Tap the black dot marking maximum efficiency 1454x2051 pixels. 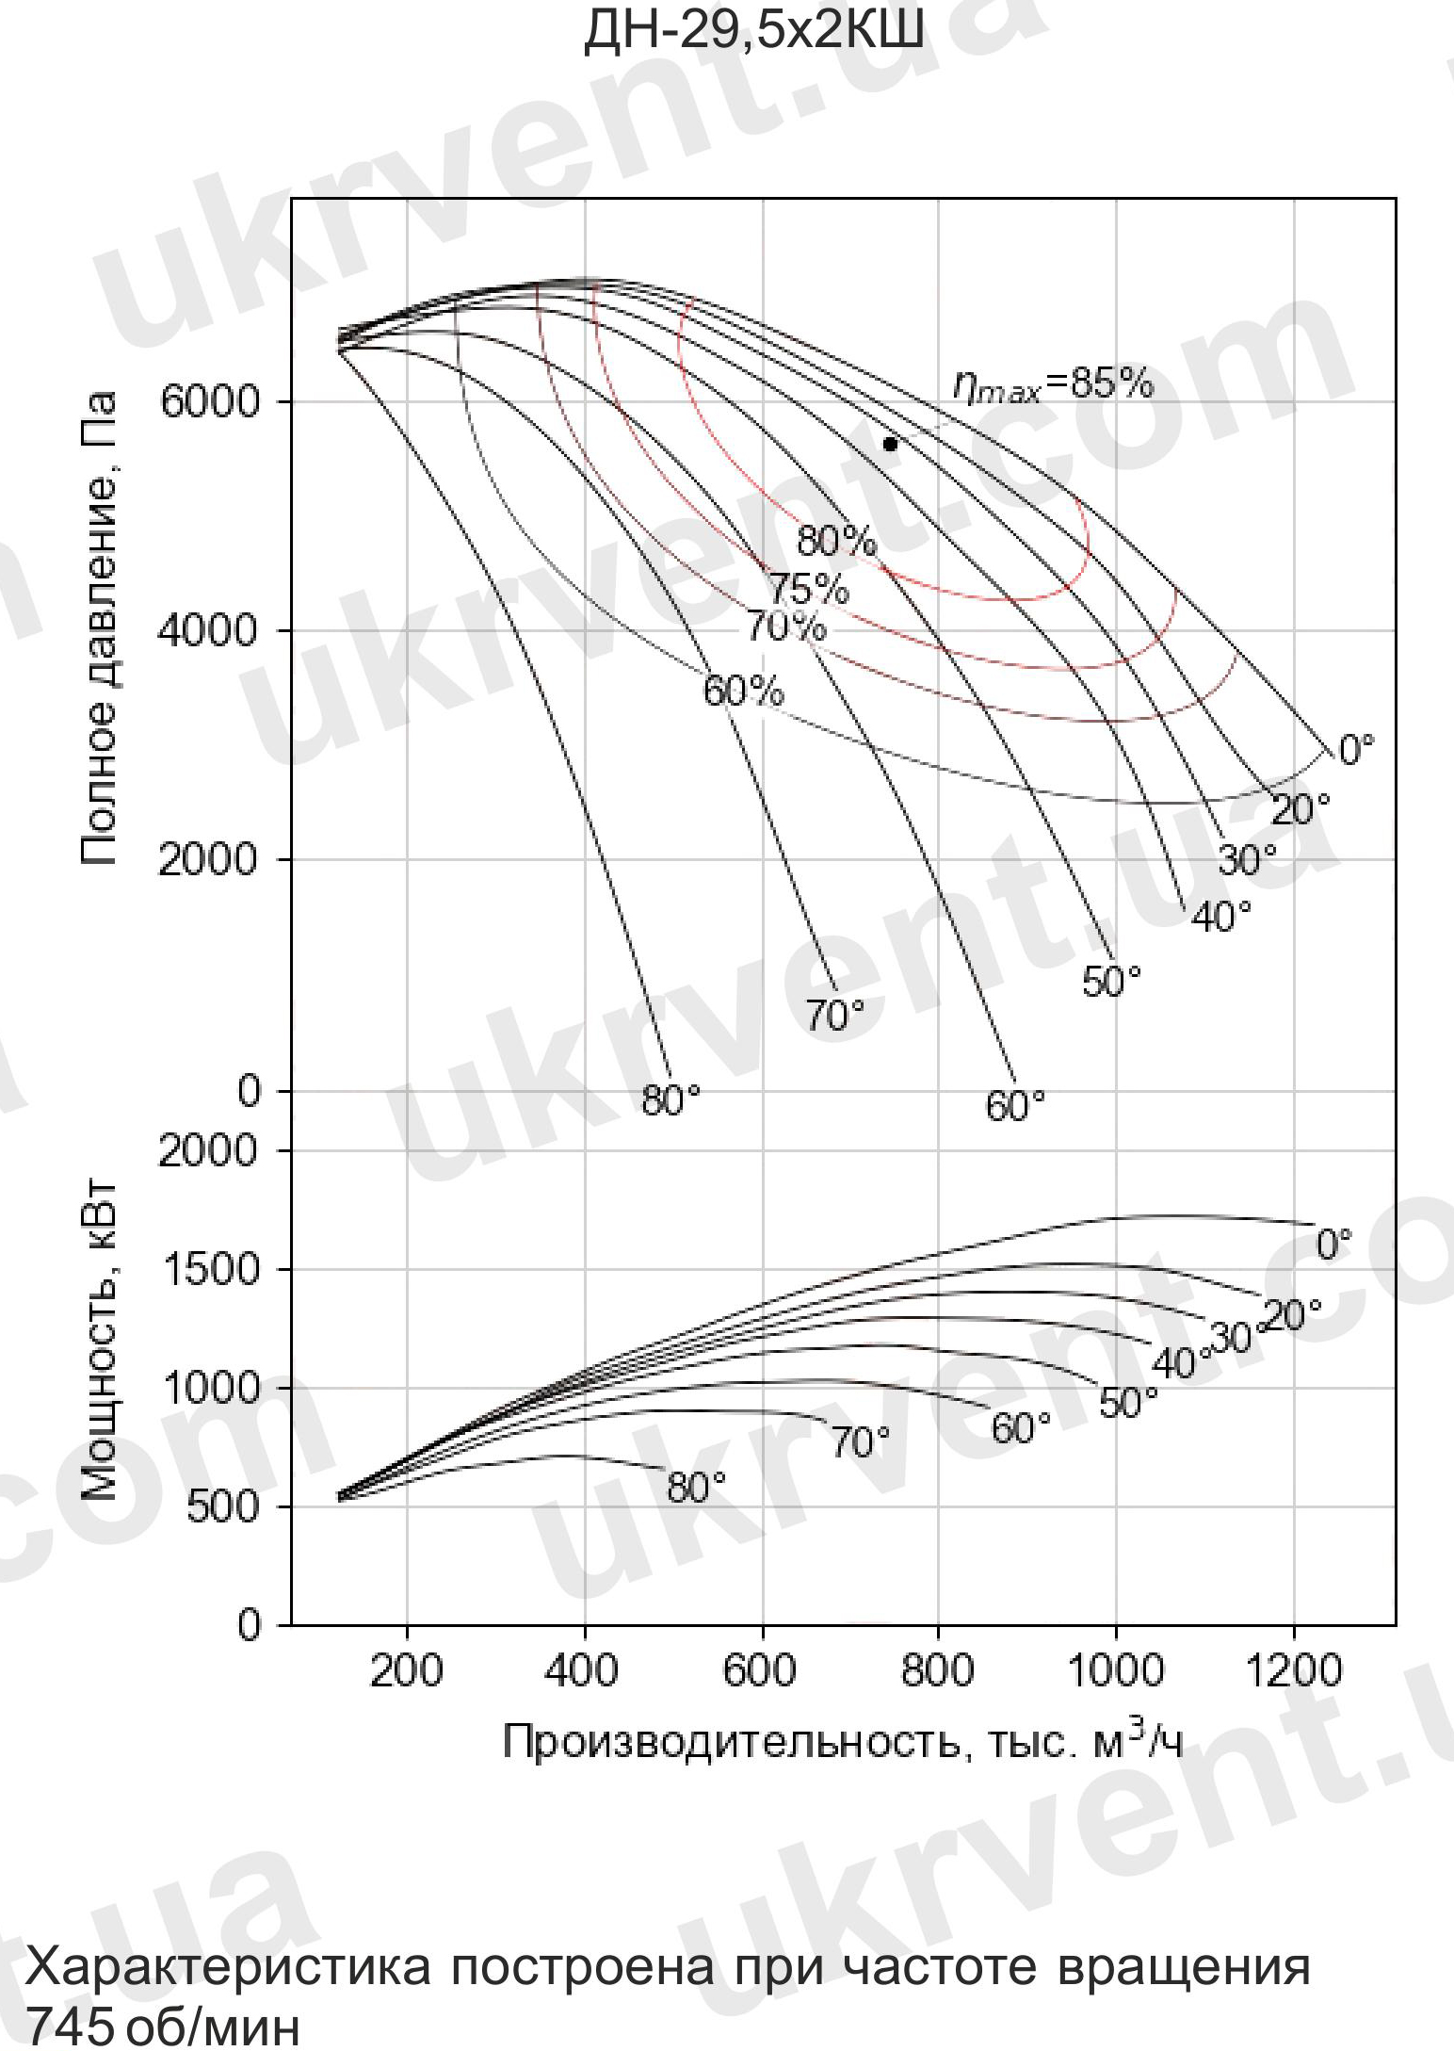pyautogui.click(x=890, y=445)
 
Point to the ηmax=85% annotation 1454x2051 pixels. pyautogui.click(x=1052, y=384)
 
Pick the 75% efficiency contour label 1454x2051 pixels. pyautogui.click(x=809, y=589)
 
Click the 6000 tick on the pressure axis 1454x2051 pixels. pyautogui.click(x=208, y=402)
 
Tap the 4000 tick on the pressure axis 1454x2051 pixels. pyautogui.click(x=208, y=630)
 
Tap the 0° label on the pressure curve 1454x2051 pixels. pyautogui.click(x=1356, y=751)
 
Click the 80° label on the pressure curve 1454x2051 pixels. pyautogui.click(x=671, y=1099)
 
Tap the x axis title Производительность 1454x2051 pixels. pyautogui.click(x=843, y=1742)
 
